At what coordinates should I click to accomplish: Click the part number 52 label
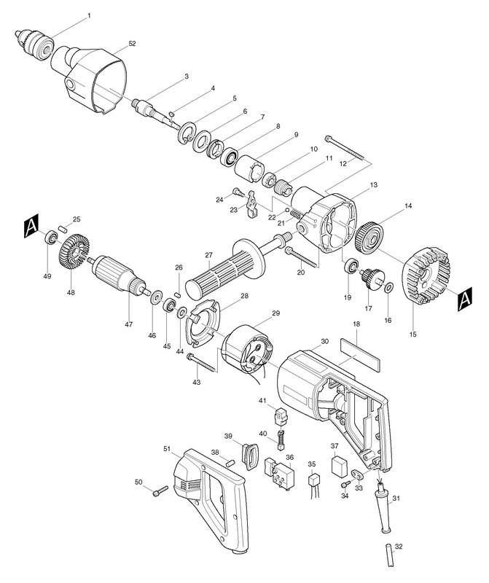point(131,43)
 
